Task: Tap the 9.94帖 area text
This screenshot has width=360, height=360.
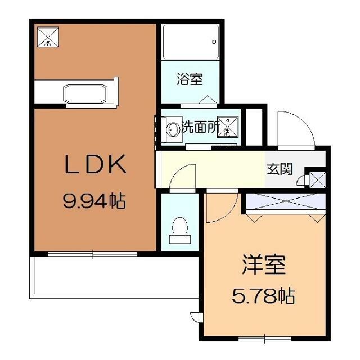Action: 94,200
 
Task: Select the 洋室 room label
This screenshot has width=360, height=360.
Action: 264,264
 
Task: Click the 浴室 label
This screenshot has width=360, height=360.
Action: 189,79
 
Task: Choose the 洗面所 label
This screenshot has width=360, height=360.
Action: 200,128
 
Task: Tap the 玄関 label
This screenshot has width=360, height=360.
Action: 279,169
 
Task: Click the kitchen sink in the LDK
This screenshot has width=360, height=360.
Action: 85,93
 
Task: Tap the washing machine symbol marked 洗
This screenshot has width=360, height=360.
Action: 228,128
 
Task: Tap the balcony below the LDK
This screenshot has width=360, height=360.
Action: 112,276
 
